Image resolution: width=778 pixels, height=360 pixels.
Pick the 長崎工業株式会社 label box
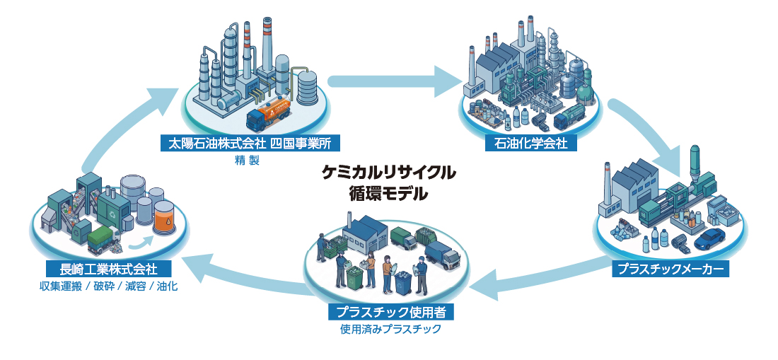109,269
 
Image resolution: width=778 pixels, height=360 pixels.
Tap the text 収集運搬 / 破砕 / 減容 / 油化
109,286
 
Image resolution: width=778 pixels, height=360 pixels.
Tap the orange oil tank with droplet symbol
164,219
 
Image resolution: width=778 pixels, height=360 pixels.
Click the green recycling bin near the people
355,278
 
